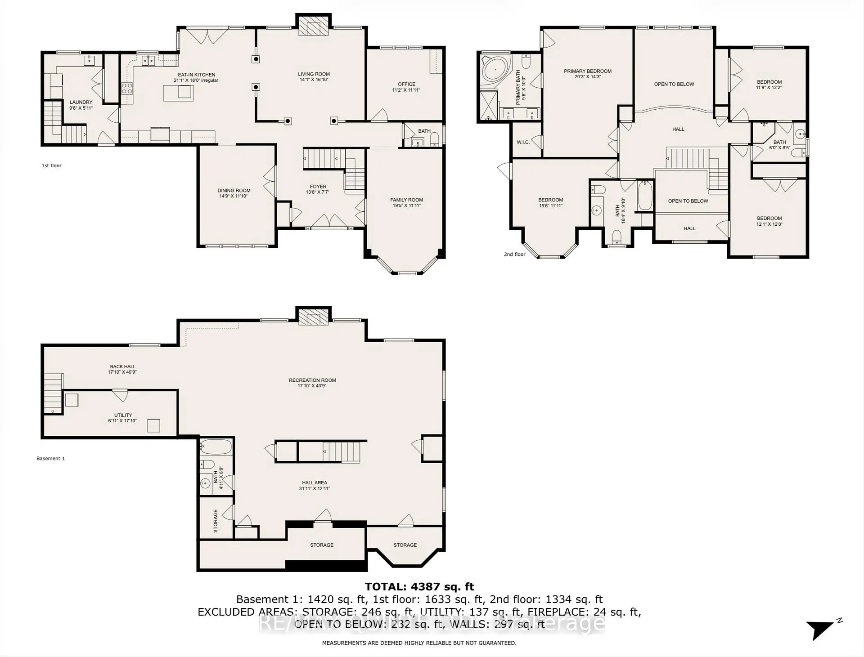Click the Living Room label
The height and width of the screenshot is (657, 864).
tap(314, 74)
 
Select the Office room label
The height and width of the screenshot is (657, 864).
tap(406, 84)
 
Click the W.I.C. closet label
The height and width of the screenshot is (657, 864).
tap(523, 142)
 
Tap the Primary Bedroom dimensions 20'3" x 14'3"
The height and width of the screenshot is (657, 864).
tap(588, 77)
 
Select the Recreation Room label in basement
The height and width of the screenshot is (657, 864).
tap(312, 380)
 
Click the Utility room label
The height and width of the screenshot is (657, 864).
tap(123, 415)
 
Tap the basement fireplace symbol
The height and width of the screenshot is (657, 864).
tap(314, 317)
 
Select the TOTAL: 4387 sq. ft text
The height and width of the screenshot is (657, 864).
tap(419, 586)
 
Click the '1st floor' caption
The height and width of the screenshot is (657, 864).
tap(52, 165)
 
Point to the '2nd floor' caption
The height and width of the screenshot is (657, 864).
tap(514, 254)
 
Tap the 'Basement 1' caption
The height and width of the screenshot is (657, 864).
tap(50, 458)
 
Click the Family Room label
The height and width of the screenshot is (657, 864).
tap(406, 200)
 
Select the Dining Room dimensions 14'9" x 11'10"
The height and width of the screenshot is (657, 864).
tap(234, 196)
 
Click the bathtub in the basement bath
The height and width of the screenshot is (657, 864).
tap(216, 447)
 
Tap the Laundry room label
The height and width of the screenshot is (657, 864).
tap(81, 102)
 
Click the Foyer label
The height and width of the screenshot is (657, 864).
tap(318, 186)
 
